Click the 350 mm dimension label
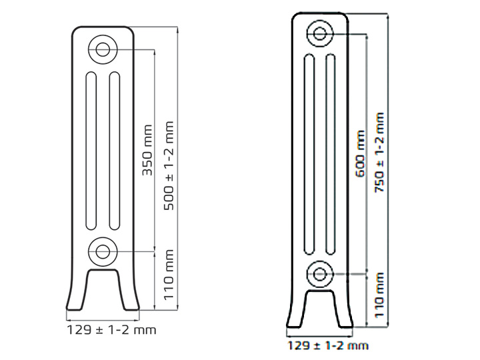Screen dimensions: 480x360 click(x=147, y=150)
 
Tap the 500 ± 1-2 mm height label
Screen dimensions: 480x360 click(x=169, y=166)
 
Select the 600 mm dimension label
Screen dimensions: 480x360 click(x=360, y=154)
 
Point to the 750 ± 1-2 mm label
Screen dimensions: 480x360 click(x=379, y=152)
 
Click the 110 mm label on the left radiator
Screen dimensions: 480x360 click(x=169, y=275)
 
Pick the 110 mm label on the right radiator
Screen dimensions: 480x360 click(x=379, y=295)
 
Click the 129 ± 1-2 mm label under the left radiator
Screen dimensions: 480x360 click(x=111, y=330)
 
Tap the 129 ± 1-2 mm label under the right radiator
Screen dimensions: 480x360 click(x=328, y=345)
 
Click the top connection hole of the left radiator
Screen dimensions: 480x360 click(x=103, y=49)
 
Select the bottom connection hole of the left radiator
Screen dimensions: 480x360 click(x=103, y=251)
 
